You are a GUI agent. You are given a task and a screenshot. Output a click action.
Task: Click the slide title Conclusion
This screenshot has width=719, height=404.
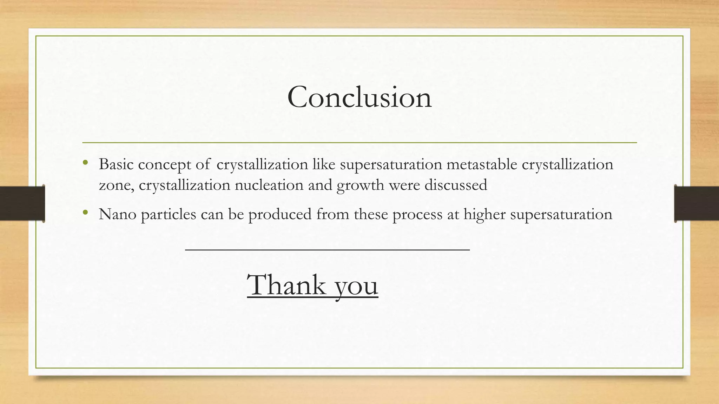click(x=359, y=97)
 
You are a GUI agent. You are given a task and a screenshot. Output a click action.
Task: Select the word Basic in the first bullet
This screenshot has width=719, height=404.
click(x=116, y=164)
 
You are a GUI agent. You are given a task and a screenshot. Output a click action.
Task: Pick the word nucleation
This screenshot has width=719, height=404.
click(x=269, y=185)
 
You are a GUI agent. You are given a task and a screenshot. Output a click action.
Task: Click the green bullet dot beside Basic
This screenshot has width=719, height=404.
click(x=85, y=162)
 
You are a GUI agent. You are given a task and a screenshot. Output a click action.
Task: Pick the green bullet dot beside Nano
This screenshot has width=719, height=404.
click(x=85, y=212)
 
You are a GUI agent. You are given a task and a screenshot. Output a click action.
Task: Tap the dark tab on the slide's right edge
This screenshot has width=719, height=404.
click(x=697, y=203)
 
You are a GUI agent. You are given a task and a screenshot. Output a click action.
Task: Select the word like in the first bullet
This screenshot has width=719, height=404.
click(x=324, y=164)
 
